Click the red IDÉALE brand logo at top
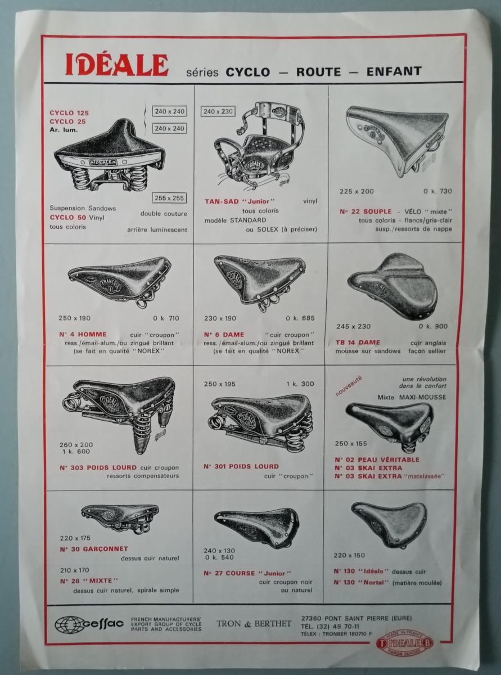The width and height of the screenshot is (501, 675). pyautogui.click(x=117, y=65)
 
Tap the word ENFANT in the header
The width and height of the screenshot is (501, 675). pyautogui.click(x=394, y=71)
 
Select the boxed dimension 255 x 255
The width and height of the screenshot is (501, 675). pyautogui.click(x=169, y=198)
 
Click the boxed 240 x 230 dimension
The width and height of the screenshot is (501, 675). pyautogui.click(x=218, y=111)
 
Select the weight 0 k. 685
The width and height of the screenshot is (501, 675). pyautogui.click(x=300, y=318)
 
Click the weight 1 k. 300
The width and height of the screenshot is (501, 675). pyautogui.click(x=300, y=384)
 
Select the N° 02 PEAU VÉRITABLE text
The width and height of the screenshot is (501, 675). pyautogui.click(x=377, y=460)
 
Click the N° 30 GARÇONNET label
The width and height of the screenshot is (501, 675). pyautogui.click(x=94, y=548)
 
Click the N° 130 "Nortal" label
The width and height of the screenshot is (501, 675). pyautogui.click(x=362, y=582)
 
